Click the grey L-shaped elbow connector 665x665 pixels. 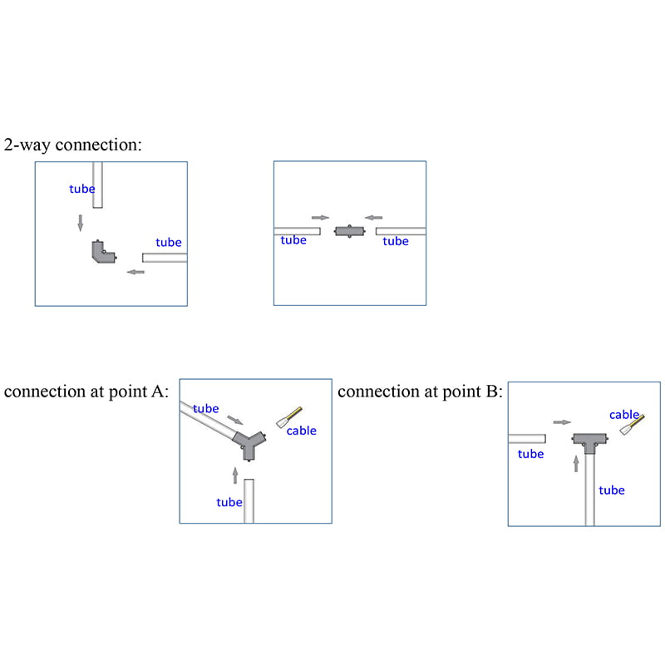tap(102, 253)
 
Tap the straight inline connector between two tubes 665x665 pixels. tap(349, 231)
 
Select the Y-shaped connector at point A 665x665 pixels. tap(247, 443)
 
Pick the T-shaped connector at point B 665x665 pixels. tap(589, 443)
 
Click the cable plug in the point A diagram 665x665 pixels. tap(290, 415)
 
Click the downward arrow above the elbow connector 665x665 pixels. tap(81, 223)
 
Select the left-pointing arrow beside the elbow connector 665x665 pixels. tap(134, 272)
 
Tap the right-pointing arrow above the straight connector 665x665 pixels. tap(320, 218)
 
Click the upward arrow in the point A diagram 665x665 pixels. tap(235, 475)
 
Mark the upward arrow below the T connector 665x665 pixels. tap(576, 463)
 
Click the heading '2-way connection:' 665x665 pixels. tap(73, 145)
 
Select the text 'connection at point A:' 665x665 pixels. tap(86, 392)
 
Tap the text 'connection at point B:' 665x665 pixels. tap(420, 392)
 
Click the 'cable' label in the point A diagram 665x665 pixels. tap(301, 431)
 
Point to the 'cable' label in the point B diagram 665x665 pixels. tap(624, 414)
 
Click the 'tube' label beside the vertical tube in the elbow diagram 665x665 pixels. tap(81, 189)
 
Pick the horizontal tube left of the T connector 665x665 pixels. tap(526, 438)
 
